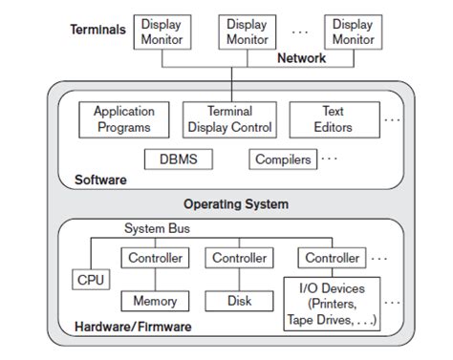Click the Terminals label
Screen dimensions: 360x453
[x=97, y=30]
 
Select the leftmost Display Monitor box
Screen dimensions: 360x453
[x=162, y=31]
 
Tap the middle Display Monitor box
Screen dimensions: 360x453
[x=247, y=31]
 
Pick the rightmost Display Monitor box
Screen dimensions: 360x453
[x=353, y=31]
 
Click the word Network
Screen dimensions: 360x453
[x=301, y=58]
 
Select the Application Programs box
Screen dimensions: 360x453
[x=123, y=119]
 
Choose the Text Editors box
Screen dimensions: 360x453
[x=333, y=119]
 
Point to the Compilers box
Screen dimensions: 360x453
[x=283, y=159]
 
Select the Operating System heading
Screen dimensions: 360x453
[x=235, y=203]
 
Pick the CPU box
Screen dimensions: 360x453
[x=92, y=280]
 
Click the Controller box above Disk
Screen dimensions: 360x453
[x=239, y=258]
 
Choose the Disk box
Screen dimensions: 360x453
[x=239, y=301]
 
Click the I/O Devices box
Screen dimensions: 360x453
[x=333, y=303]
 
